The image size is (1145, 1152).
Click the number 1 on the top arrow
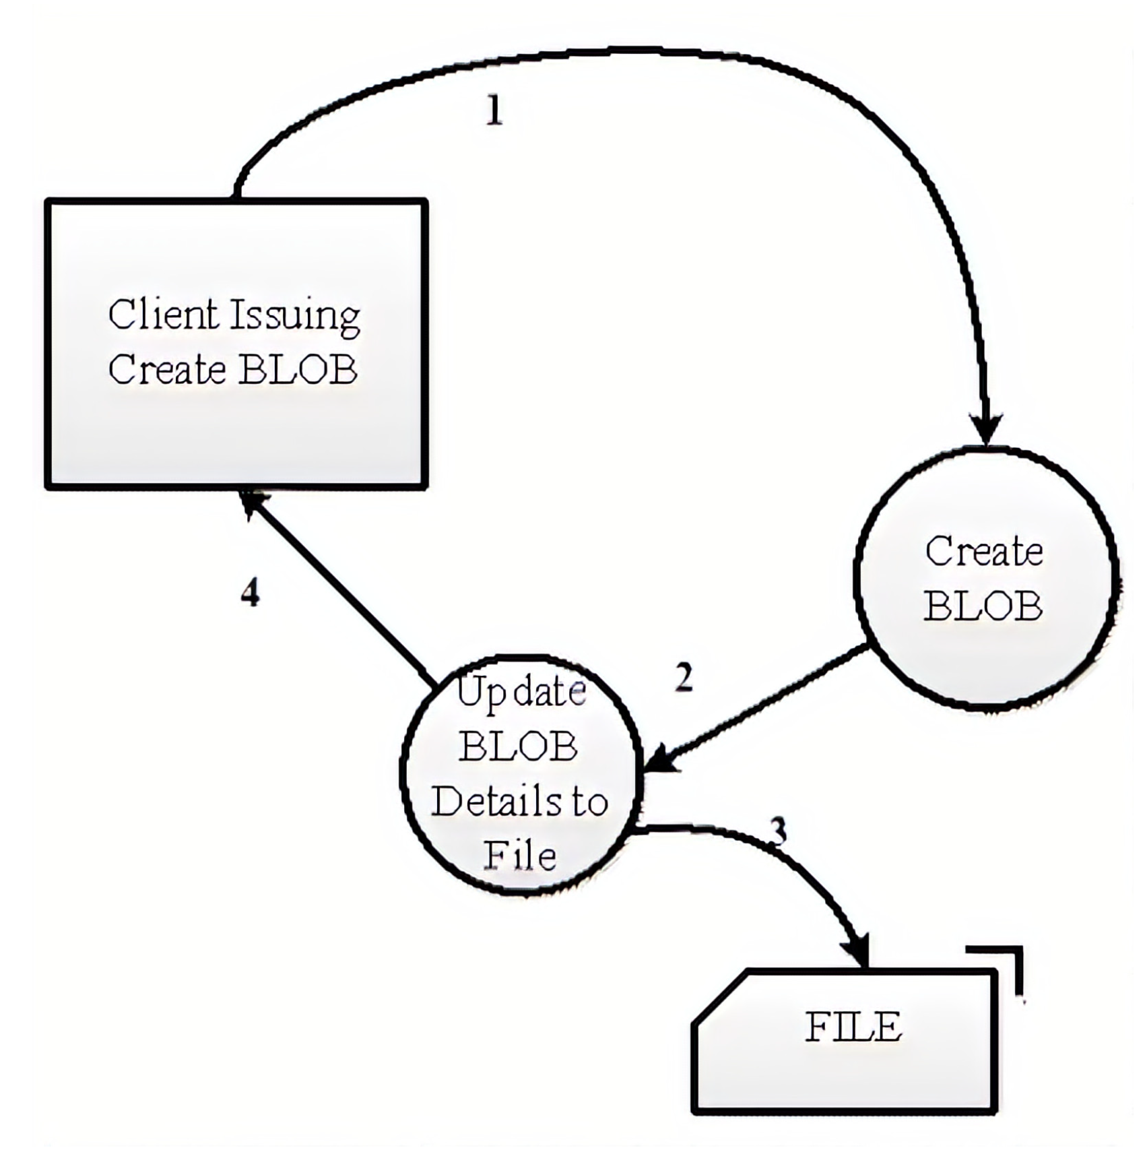coord(494,110)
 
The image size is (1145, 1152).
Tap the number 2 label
coord(684,677)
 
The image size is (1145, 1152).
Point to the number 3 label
coord(778,831)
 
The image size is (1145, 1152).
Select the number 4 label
coord(250,594)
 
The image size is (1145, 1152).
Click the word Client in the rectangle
coord(164,315)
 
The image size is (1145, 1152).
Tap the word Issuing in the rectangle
coord(296,317)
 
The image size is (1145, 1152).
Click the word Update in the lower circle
coord(521,693)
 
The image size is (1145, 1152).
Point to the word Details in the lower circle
coord(490,801)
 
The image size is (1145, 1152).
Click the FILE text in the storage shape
coord(853,1027)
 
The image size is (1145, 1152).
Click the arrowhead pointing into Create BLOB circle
coord(987,430)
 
